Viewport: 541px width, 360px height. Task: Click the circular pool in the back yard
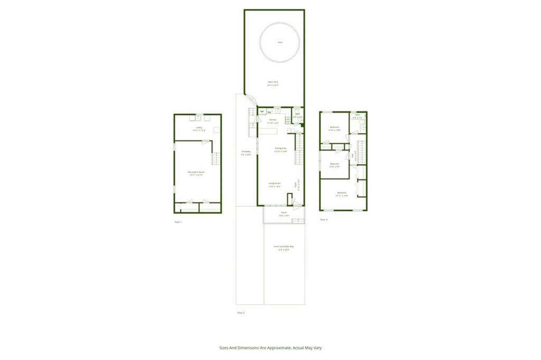[x=280, y=42]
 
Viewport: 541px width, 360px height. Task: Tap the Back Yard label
[x=273, y=82]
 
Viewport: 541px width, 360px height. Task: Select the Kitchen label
[x=273, y=120]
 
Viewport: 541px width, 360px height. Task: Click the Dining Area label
[x=281, y=149]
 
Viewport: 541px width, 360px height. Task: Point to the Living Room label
[x=274, y=184]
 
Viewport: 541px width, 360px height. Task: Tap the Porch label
[x=284, y=214]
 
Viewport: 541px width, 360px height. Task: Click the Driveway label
[x=246, y=153]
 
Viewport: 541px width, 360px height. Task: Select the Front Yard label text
[x=284, y=248]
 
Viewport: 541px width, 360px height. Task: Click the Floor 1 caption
[x=178, y=222]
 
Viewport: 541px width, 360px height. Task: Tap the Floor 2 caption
[x=241, y=313]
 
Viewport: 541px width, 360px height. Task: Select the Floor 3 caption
[x=324, y=219]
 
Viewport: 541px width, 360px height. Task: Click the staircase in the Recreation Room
[x=215, y=158]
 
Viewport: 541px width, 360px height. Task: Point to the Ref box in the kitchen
[x=262, y=111]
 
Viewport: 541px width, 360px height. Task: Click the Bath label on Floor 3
[x=358, y=115]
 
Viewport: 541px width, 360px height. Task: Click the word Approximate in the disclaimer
[x=275, y=348]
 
